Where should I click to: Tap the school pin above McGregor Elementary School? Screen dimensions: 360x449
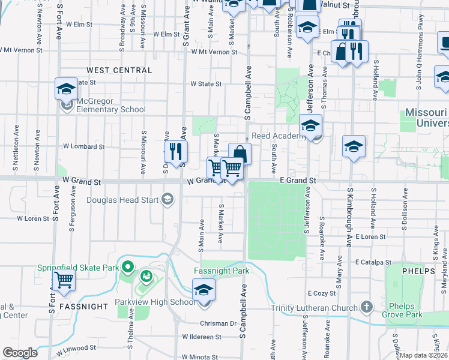(x=66, y=90)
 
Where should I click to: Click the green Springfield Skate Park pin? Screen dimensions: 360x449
(x=127, y=266)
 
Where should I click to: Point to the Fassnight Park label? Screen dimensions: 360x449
(x=221, y=271)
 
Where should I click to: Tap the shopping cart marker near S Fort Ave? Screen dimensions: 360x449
(x=64, y=280)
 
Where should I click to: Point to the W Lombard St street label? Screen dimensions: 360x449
(x=83, y=146)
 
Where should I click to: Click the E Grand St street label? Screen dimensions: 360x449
(x=298, y=180)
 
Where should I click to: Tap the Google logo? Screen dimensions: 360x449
(x=20, y=353)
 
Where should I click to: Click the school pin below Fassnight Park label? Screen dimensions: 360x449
(x=204, y=291)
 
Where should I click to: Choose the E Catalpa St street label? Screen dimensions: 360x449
(x=373, y=262)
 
